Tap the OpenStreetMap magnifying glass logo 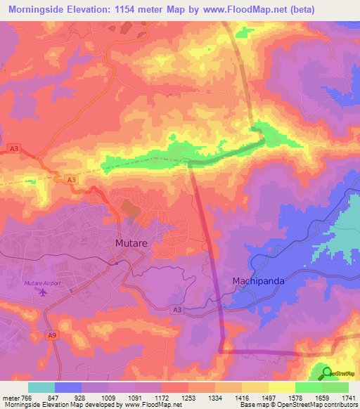[x=327, y=373]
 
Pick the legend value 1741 [x=348, y=397]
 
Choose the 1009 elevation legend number [x=110, y=397]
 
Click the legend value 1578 [x=295, y=397]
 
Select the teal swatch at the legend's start [x=41, y=387]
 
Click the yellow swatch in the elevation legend [x=281, y=387]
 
